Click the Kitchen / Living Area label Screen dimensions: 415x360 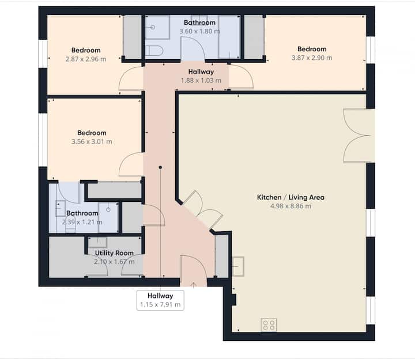(x=290, y=197)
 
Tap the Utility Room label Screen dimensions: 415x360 (x=114, y=253)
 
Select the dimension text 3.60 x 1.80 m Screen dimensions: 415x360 (x=199, y=31)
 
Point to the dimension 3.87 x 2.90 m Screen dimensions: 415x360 (x=312, y=58)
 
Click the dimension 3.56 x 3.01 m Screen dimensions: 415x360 (x=92, y=141)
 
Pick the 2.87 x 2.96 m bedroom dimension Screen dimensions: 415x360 (x=86, y=59)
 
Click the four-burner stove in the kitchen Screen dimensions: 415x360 (x=269, y=325)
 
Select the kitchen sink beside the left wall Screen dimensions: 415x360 (x=238, y=266)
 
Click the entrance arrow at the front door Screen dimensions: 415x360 (x=194, y=285)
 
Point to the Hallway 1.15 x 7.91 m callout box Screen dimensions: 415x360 (x=160, y=300)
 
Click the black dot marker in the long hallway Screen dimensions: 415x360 (x=160, y=167)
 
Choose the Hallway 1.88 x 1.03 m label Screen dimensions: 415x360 (x=201, y=76)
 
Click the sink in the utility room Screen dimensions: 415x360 (x=97, y=243)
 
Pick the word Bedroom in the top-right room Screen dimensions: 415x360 (x=312, y=49)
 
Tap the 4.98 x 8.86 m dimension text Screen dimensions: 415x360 (x=290, y=206)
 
